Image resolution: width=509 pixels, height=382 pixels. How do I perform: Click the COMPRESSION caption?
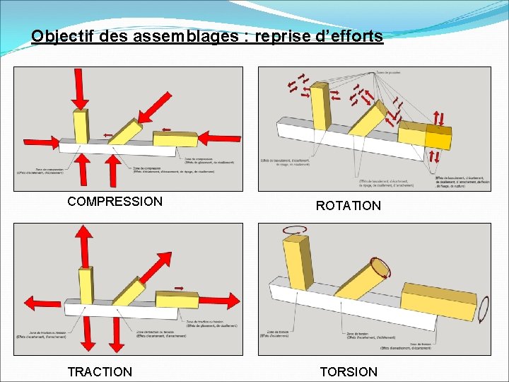115,202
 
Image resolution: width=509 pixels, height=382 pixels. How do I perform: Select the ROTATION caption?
348,206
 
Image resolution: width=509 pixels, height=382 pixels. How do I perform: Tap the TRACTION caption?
100,371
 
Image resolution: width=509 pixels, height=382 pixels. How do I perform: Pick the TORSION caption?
349,371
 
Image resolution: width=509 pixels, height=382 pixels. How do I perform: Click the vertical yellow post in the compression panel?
81,125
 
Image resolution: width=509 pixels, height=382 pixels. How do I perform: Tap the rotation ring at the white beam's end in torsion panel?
484,309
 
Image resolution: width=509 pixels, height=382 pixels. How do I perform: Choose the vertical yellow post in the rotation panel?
322,106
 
